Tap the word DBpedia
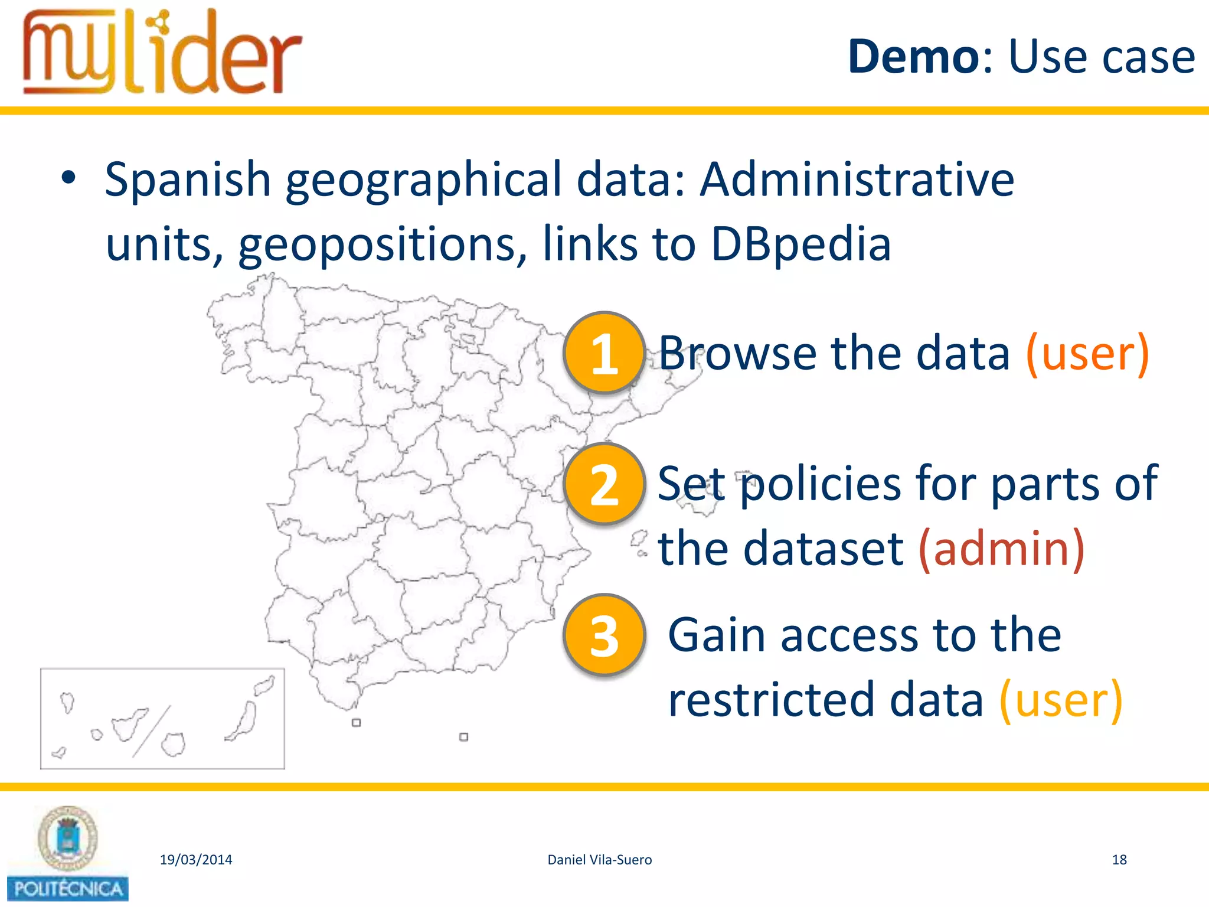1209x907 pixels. pyautogui.click(x=800, y=243)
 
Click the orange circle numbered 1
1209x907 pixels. pyautogui.click(x=604, y=353)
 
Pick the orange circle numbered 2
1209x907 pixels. pyautogui.click(x=604, y=484)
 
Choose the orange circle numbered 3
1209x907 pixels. pyautogui.click(x=604, y=635)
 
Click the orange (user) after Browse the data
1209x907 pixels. pyautogui.click(x=1087, y=353)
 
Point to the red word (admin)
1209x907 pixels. pyautogui.click(x=1001, y=549)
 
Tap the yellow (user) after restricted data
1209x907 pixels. pyautogui.click(x=1060, y=700)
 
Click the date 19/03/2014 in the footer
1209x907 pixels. pyautogui.click(x=196, y=860)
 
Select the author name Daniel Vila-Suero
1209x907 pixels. pyautogui.click(x=600, y=860)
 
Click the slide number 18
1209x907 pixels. pyautogui.click(x=1119, y=860)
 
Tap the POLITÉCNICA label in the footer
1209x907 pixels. pyautogui.click(x=68, y=889)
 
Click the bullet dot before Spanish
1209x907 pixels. pyautogui.click(x=68, y=177)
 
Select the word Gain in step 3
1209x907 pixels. pyautogui.click(x=717, y=635)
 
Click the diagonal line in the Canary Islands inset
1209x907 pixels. pyautogui.click(x=152, y=731)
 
